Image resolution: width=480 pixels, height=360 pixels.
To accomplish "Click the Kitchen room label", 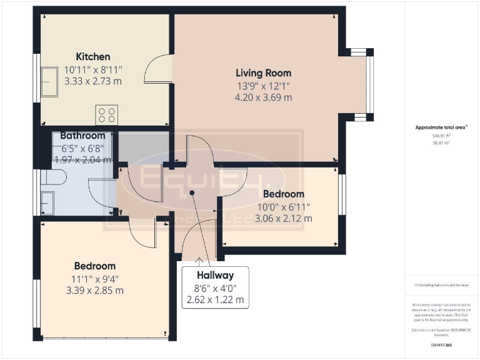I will pos(93,57).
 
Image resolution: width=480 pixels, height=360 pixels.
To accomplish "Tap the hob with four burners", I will pos(106,115).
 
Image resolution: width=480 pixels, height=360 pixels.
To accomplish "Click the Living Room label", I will pos(263,72).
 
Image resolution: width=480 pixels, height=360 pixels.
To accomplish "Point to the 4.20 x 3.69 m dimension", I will pos(263,97).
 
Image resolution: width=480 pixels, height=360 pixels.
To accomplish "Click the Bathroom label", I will pos(82,136).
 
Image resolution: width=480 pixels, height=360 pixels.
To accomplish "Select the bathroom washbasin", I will pos(47,202).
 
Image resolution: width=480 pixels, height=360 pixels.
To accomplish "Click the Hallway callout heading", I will pos(215,275).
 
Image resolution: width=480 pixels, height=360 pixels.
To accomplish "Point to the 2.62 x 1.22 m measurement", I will pos(215,301).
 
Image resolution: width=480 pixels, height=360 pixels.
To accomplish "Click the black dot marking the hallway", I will pos(192,193).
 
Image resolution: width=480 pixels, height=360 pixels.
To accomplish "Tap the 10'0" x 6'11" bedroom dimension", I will pos(283,206).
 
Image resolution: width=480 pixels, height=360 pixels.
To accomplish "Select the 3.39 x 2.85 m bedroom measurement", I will pos(95,290).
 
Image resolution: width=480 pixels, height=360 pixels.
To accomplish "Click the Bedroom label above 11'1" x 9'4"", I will pos(95,266).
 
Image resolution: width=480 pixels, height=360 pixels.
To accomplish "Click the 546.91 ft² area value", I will pos(441,135).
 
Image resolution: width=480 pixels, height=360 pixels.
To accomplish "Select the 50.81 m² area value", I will pos(441,142).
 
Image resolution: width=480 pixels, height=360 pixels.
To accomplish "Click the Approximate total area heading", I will pos(441,127).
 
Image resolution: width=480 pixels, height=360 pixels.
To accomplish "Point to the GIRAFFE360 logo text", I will pos(441,344).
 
